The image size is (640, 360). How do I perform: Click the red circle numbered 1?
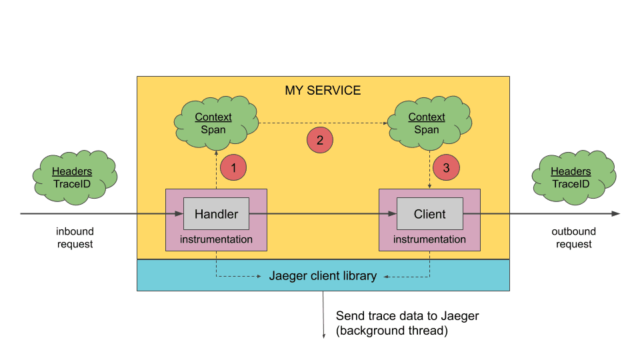[x=233, y=167]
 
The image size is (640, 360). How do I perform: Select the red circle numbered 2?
[x=319, y=140]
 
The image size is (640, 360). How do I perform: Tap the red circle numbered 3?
[x=447, y=167]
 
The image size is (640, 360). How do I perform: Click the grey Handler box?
[x=216, y=214]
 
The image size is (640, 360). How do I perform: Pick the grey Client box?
[x=429, y=214]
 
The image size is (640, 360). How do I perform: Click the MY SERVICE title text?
[x=323, y=90]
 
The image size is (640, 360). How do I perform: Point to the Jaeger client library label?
[x=323, y=275]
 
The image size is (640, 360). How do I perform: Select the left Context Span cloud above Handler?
[x=213, y=122]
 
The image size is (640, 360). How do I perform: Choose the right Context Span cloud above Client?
[x=427, y=122]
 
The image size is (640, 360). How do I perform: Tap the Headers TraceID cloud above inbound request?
[x=72, y=177]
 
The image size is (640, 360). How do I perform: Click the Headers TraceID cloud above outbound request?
[x=570, y=177]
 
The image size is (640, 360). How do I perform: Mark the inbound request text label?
[x=75, y=238]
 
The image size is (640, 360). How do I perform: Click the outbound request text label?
[x=573, y=238]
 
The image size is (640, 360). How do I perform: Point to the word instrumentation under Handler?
[x=216, y=239]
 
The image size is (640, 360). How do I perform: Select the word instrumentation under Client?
[x=429, y=239]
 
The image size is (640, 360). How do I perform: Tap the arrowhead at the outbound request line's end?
[x=616, y=214]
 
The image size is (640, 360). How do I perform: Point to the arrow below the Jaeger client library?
[x=323, y=313]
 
